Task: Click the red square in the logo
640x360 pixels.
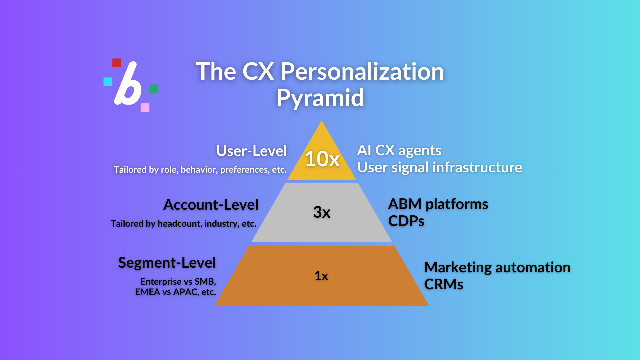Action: click(117, 63)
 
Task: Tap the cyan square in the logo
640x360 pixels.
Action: click(108, 82)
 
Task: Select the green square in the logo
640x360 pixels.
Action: click(154, 89)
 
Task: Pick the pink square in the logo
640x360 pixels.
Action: click(145, 108)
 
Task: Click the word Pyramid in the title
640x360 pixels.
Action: click(320, 98)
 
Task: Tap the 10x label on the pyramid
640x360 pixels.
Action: click(322, 159)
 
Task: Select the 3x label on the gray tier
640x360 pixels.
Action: click(322, 212)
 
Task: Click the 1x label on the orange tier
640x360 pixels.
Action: click(321, 276)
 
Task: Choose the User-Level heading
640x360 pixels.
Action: click(252, 151)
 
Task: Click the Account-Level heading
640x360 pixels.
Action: click(211, 205)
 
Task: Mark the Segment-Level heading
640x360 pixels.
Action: click(167, 263)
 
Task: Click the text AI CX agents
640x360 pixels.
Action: click(399, 151)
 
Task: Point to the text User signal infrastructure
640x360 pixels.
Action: click(440, 167)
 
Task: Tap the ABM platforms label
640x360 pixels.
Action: click(438, 204)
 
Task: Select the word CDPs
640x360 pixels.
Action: click(406, 221)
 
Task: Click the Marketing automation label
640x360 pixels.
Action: click(497, 267)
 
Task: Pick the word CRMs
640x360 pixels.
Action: click(444, 284)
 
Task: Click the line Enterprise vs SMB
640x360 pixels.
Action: click(178, 282)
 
